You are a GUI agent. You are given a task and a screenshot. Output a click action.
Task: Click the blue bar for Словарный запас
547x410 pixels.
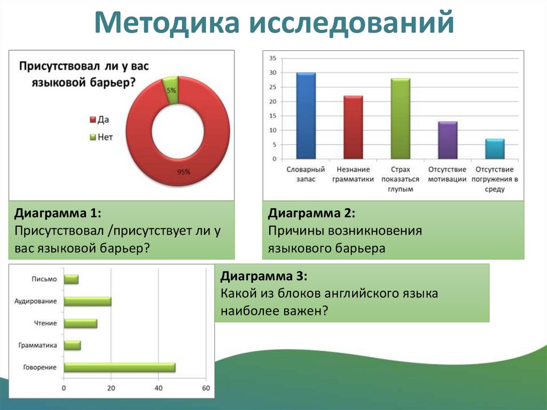click(306, 116)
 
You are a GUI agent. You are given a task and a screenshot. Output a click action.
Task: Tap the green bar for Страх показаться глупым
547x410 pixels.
click(400, 119)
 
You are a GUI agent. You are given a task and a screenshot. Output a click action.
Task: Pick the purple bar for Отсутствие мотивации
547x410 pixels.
click(448, 140)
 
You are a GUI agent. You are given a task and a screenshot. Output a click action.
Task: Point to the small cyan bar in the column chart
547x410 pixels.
click(495, 149)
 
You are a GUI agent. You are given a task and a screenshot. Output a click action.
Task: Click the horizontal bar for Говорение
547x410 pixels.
click(120, 367)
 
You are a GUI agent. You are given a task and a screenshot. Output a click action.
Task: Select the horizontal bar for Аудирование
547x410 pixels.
click(88, 301)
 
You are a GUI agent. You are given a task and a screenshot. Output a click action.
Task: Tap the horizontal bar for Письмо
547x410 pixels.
click(71, 279)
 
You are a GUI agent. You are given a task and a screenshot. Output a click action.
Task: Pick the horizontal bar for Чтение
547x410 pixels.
click(81, 323)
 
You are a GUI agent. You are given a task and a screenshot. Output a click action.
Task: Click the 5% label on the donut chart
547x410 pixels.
click(171, 91)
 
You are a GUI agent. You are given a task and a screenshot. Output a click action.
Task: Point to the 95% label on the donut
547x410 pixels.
click(184, 172)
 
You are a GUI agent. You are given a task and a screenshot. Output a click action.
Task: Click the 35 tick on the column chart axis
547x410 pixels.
click(272, 58)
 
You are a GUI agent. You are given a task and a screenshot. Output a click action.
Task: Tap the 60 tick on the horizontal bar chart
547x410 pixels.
click(206, 389)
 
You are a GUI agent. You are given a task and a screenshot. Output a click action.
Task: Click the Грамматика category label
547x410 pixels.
click(37, 345)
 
